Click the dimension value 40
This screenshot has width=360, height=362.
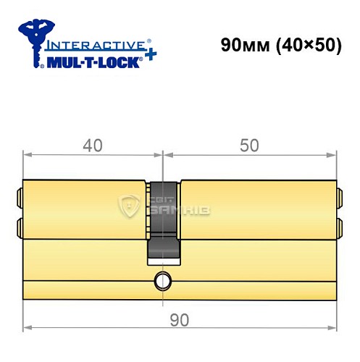[x=90, y=145]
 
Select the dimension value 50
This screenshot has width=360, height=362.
[x=249, y=145]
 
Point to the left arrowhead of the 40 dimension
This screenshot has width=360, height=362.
[x=27, y=154]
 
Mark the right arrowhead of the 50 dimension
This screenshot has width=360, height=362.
[x=335, y=154]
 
